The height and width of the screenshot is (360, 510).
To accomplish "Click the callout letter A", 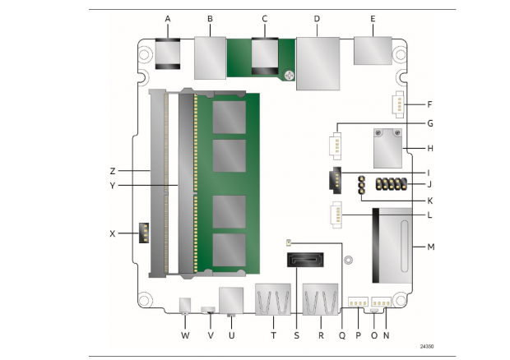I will pyautogui.click(x=168, y=17).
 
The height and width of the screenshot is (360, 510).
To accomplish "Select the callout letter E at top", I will pyautogui.click(x=373, y=17).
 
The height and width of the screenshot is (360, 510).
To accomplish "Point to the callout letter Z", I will pyautogui.click(x=112, y=170).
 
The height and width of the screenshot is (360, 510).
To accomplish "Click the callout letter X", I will pyautogui.click(x=112, y=233).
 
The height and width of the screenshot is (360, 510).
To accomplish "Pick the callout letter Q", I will pyautogui.click(x=343, y=335).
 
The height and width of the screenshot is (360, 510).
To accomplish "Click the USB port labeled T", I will pyautogui.click(x=271, y=300).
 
